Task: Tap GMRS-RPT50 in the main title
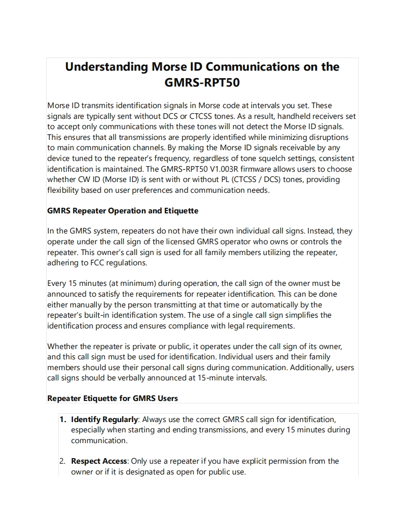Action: (x=202, y=83)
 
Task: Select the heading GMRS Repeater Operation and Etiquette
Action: (x=123, y=211)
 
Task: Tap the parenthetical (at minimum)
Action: (x=133, y=283)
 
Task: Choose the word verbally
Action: (x=130, y=378)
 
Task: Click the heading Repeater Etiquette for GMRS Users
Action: (x=112, y=398)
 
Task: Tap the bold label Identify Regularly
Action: (x=104, y=419)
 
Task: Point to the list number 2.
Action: (x=62, y=461)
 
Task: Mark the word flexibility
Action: (x=66, y=190)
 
